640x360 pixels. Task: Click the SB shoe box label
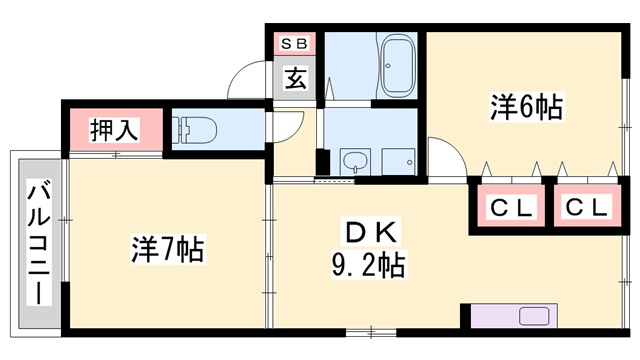pos(295,43)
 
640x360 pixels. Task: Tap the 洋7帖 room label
pos(167,247)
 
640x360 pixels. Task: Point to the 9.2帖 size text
pos(368,265)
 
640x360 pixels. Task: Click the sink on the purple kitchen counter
pos(536,318)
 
